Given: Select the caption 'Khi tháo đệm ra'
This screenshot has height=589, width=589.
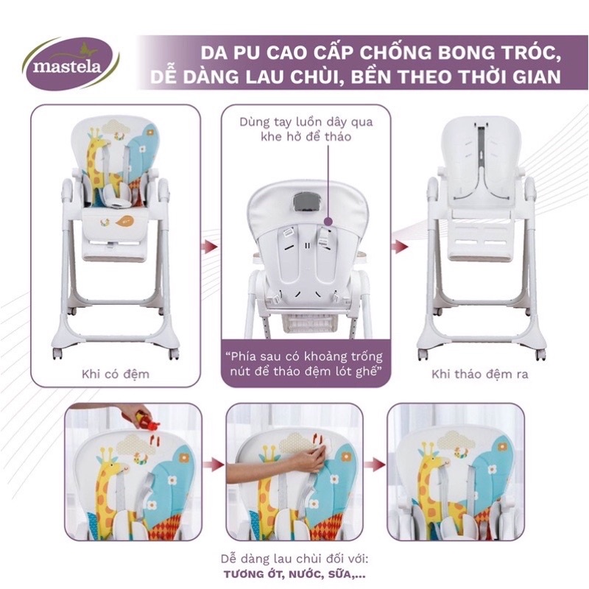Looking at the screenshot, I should pyautogui.click(x=480, y=374).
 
